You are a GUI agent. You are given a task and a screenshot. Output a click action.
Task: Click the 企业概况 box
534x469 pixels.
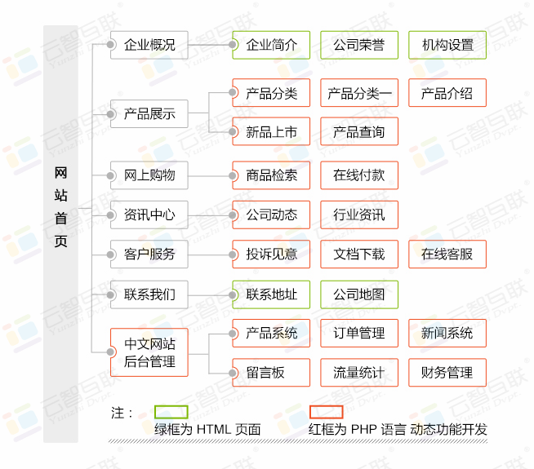(x=149, y=45)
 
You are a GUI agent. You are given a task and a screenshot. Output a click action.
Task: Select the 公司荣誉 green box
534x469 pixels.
(x=359, y=45)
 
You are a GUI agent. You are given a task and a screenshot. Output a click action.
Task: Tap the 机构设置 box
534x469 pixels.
(x=447, y=45)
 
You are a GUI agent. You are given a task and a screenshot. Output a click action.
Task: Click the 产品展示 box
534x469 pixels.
(x=149, y=114)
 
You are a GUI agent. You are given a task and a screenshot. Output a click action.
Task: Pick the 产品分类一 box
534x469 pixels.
(x=359, y=93)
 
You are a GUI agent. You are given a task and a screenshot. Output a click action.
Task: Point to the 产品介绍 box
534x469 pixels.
(x=447, y=93)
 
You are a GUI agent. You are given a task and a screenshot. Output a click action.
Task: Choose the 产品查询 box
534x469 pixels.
(x=359, y=131)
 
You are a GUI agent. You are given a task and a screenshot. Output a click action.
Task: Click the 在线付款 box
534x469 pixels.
(x=359, y=175)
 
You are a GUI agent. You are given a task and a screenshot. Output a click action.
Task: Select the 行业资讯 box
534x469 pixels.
(x=359, y=215)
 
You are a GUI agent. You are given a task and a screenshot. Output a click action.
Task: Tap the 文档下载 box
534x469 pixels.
(x=359, y=254)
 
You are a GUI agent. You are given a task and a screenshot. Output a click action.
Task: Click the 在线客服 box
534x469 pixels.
(x=447, y=254)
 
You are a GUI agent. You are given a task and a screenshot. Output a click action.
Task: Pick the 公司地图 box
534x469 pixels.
(x=359, y=294)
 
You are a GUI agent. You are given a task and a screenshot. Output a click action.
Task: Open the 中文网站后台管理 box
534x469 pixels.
(x=149, y=352)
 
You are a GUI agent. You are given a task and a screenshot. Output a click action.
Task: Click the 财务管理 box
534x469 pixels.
(x=447, y=373)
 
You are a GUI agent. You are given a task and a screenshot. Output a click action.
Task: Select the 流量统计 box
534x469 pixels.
(x=359, y=373)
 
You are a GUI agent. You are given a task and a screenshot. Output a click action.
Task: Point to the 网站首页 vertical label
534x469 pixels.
(x=60, y=207)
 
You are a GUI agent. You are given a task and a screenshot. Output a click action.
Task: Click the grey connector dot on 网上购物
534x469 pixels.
(x=110, y=175)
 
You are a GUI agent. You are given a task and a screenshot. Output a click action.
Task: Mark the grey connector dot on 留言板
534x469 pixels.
(x=233, y=373)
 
